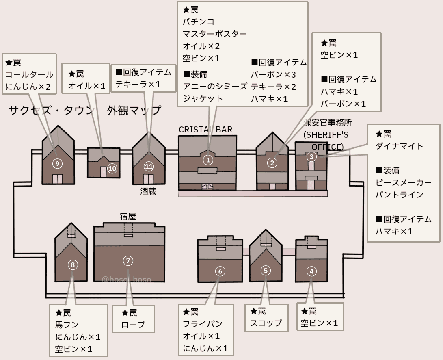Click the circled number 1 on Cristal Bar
click(x=208, y=160)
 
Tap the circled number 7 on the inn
click(x=128, y=260)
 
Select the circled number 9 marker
click(x=58, y=164)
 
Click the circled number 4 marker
click(x=311, y=271)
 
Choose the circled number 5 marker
click(x=266, y=270)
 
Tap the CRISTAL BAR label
click(x=205, y=130)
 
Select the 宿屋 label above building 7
click(x=127, y=217)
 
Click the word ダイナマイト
click(x=400, y=146)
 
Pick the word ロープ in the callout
click(x=133, y=325)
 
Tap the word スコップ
click(x=266, y=323)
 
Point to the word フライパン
click(x=203, y=324)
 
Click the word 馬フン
click(x=67, y=325)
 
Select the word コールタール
click(x=29, y=75)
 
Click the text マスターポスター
click(x=215, y=34)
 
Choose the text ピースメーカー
click(x=404, y=182)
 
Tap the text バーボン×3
click(x=273, y=75)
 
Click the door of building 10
click(x=103, y=172)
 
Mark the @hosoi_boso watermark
click(x=127, y=280)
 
